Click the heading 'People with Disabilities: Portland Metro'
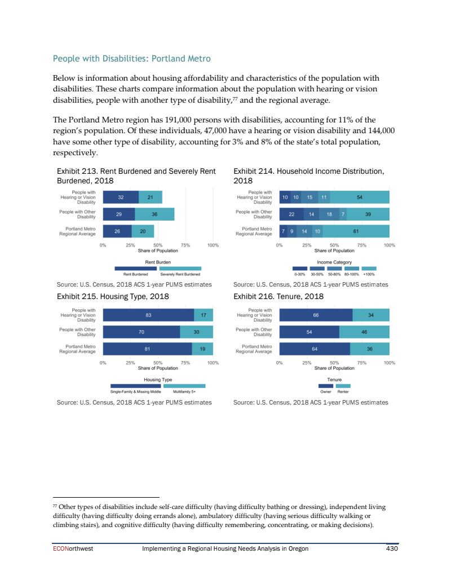tap(132, 58)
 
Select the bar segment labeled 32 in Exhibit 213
tap(121, 197)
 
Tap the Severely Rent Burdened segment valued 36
tap(154, 214)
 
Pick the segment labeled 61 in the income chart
tap(356, 231)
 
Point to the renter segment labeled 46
tap(364, 332)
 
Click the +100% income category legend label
tap(369, 274)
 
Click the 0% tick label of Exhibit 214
tap(280, 245)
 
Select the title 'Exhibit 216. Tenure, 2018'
tap(278, 296)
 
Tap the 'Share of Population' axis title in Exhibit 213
tap(158, 251)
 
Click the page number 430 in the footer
tap(392, 549)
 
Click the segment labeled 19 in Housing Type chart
tap(202, 349)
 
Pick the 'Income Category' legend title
tap(334, 262)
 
